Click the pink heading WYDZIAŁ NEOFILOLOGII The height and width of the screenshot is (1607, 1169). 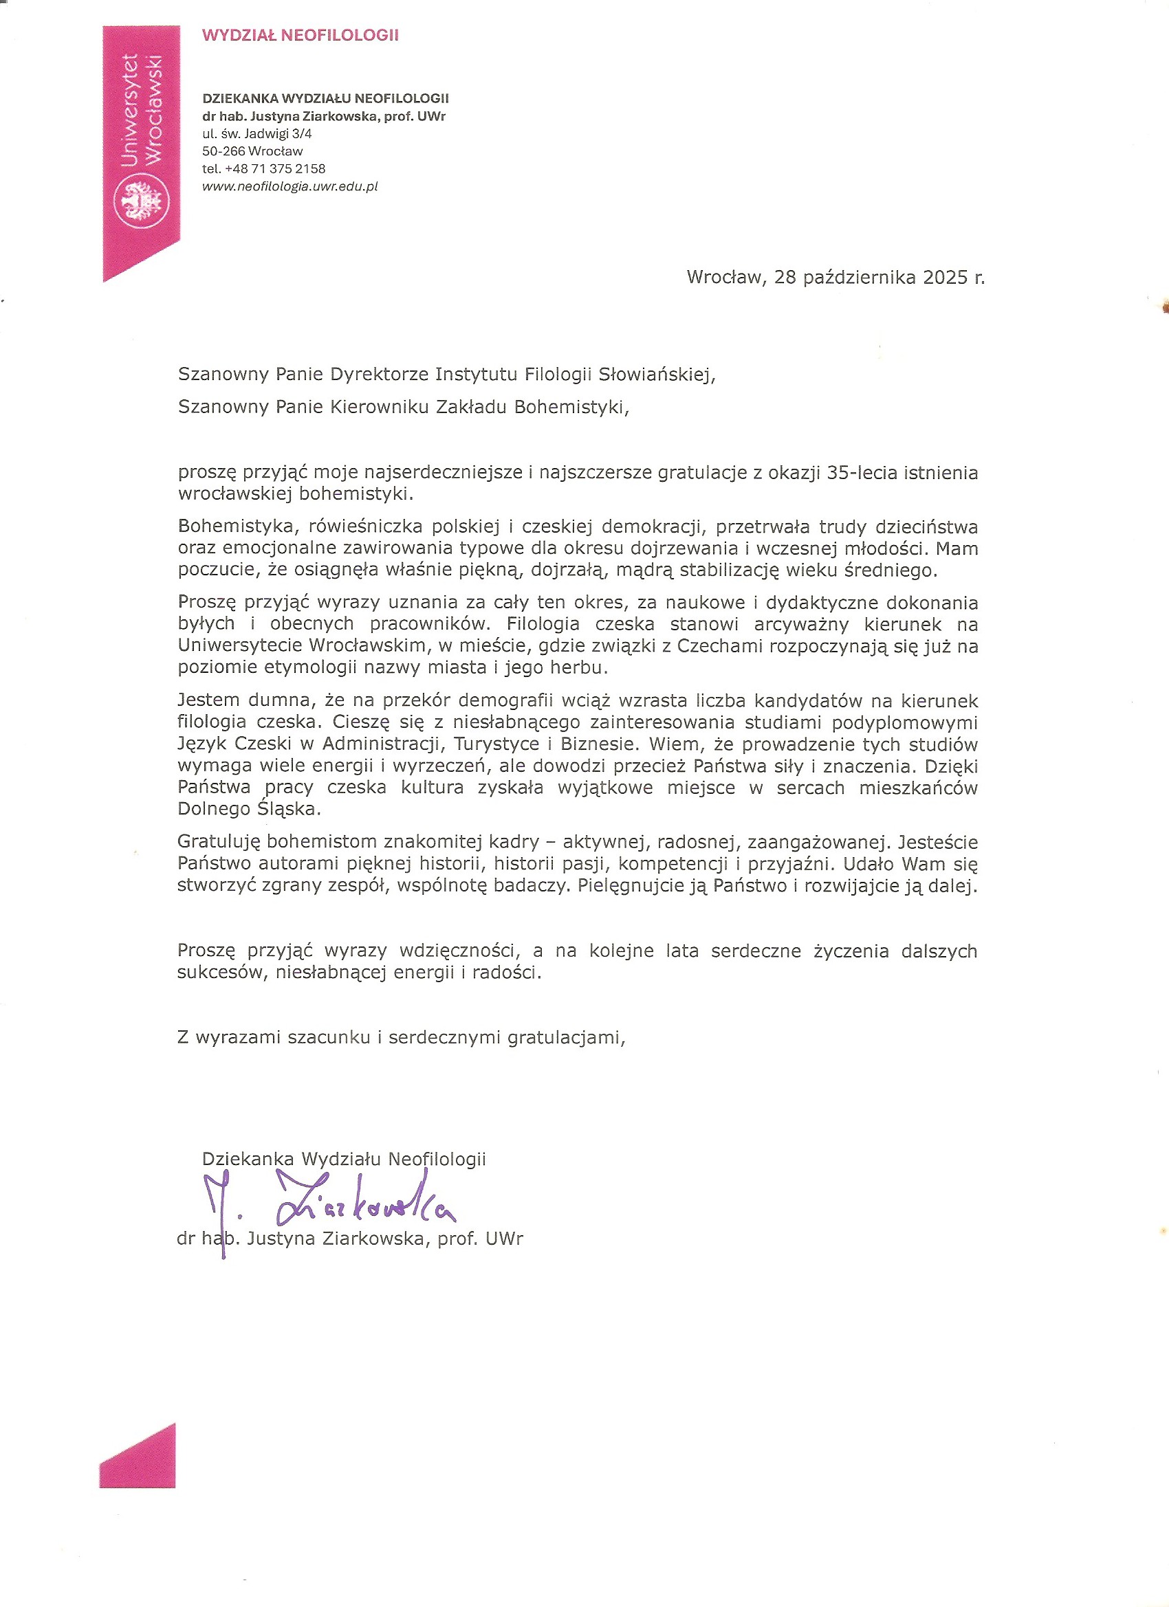(x=300, y=36)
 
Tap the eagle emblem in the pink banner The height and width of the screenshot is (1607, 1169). (x=142, y=202)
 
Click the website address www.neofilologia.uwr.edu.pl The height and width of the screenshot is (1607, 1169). (x=290, y=186)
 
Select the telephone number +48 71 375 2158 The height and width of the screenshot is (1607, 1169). (x=274, y=168)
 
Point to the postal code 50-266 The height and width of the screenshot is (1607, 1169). (x=223, y=151)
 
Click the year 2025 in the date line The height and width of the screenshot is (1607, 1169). (x=945, y=277)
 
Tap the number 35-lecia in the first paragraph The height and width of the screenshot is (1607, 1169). (x=862, y=473)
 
